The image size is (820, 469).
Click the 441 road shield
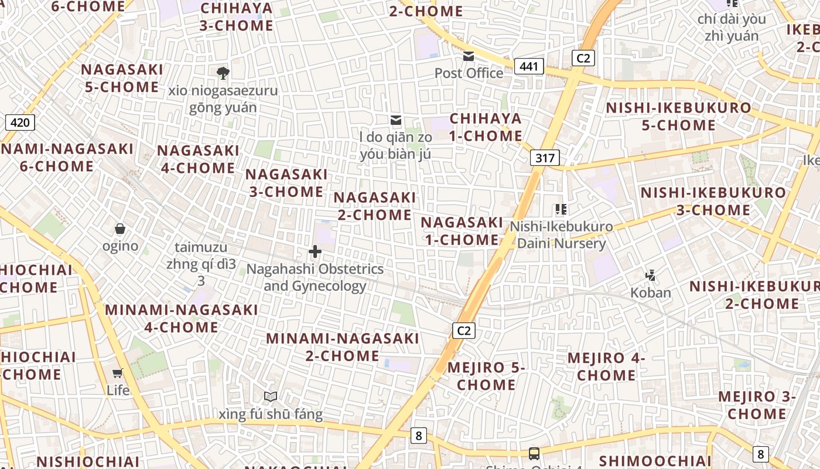point(529,66)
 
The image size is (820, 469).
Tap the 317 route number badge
point(545,158)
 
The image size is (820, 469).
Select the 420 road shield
point(20,123)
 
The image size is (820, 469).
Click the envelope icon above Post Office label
point(469,56)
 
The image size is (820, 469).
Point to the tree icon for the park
point(223,73)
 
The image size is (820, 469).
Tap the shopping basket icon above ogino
point(120,229)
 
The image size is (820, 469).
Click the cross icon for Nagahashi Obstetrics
point(315,252)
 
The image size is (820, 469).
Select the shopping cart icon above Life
point(118,373)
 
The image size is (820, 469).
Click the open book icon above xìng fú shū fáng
point(270,397)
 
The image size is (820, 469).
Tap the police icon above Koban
point(650,274)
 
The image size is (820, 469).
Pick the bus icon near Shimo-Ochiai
point(534,453)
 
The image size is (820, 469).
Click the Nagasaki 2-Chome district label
point(375,206)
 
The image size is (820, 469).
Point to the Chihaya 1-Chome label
point(486,127)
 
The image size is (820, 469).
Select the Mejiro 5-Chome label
point(486,376)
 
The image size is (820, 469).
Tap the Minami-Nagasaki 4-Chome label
point(181,318)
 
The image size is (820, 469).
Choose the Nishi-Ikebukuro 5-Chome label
point(678,117)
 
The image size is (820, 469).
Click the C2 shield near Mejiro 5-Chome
point(463,331)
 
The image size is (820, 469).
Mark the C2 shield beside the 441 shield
point(583,57)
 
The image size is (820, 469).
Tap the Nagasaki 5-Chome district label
point(122,78)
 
